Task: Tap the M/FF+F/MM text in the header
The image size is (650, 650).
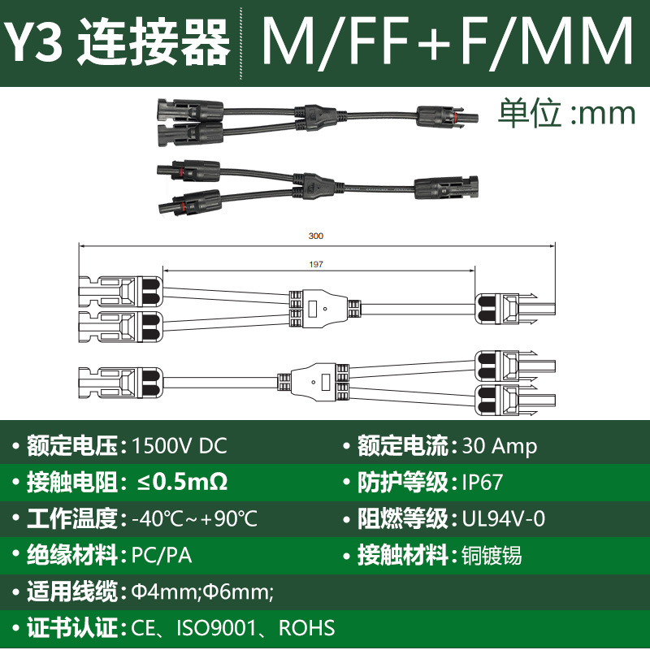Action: tap(448, 41)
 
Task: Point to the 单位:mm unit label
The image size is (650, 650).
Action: tap(566, 112)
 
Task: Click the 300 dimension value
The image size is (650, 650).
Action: tap(316, 236)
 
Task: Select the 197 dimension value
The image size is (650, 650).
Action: tap(316, 264)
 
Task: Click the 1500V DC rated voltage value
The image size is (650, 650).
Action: tap(179, 446)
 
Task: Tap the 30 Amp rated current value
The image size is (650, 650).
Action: tap(500, 446)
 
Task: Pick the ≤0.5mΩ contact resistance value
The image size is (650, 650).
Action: tap(182, 482)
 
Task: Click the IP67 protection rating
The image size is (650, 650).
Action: tap(483, 482)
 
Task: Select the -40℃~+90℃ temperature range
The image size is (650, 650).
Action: tap(194, 518)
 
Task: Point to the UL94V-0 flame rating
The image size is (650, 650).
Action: tap(504, 518)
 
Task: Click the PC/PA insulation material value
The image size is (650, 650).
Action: tap(162, 556)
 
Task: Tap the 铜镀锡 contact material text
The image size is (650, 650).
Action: tap(492, 556)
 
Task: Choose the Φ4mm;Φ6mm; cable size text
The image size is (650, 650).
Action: tap(202, 591)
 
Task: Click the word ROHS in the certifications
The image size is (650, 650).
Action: tap(307, 628)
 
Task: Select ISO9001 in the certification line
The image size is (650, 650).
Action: tap(216, 628)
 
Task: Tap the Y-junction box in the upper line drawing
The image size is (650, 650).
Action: tap(324, 309)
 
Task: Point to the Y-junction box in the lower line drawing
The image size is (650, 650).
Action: tap(314, 382)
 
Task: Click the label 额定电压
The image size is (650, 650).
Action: tap(72, 446)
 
